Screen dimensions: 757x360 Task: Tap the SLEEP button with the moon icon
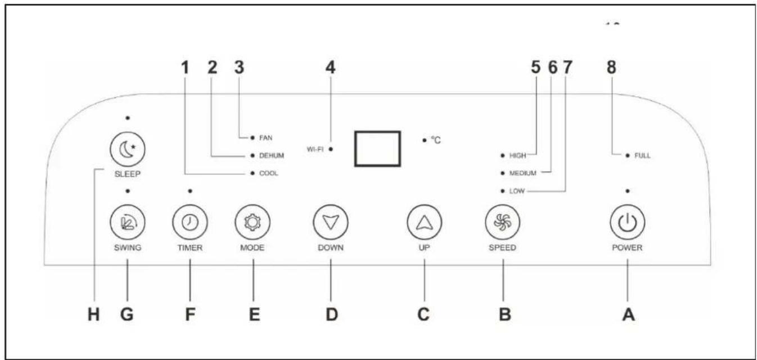[x=128, y=150]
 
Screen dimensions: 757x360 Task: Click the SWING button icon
[x=128, y=222]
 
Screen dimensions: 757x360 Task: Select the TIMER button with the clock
[x=190, y=222]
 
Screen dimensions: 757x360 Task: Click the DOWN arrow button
[x=331, y=222]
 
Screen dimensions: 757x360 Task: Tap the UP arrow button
[x=425, y=222]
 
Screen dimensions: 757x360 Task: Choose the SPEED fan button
[x=503, y=222]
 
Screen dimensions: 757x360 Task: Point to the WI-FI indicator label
[x=315, y=149]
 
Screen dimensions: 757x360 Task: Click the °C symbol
[x=436, y=140]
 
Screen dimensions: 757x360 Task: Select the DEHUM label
[x=272, y=155]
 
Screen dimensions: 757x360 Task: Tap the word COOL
[x=269, y=173]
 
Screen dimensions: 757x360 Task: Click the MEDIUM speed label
[x=523, y=173]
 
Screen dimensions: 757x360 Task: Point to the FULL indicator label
[x=642, y=155]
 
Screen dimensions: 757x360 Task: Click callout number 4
[x=331, y=67]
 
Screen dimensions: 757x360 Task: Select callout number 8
[x=611, y=67]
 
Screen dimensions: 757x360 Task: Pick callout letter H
[x=93, y=314]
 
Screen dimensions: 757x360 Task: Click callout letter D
[x=331, y=314]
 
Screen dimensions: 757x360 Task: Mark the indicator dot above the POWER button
[x=628, y=191]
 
